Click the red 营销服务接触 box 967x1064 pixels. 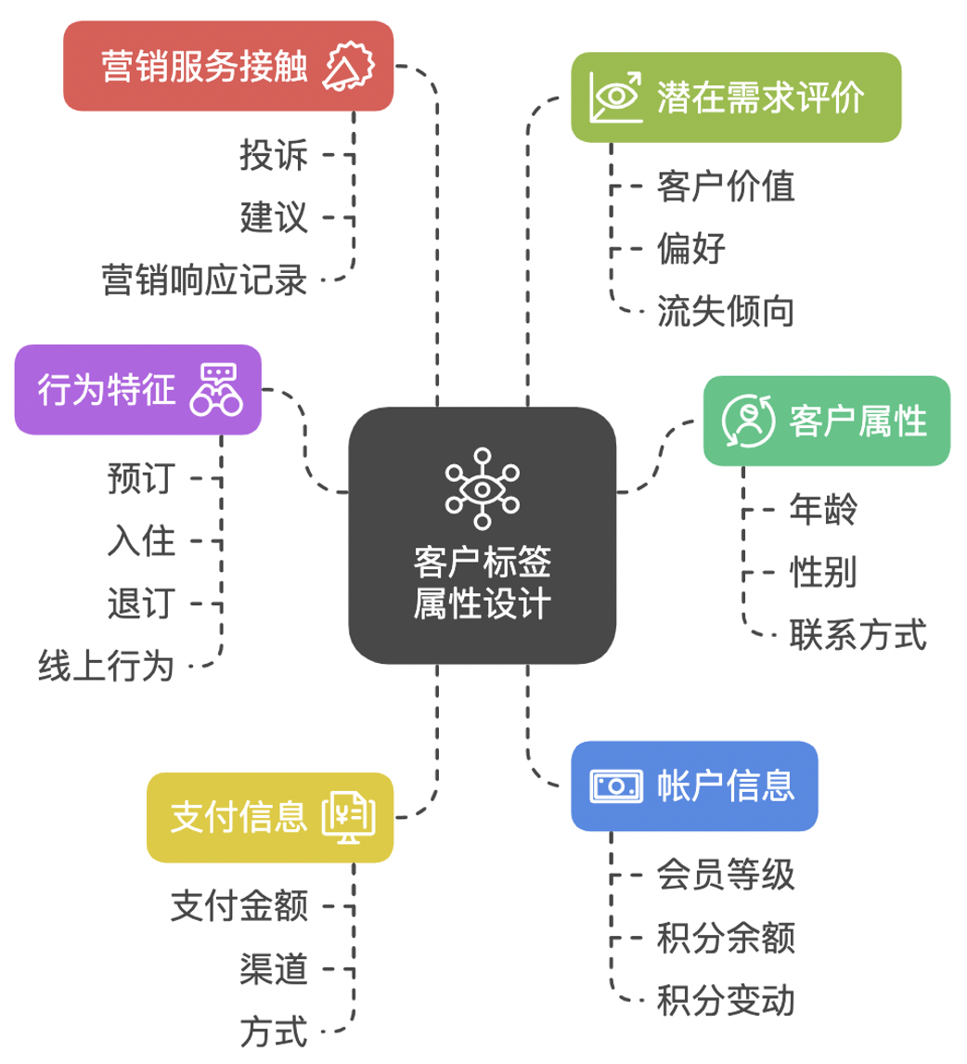(227, 67)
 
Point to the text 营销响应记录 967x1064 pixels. (204, 279)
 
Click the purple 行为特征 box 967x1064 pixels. (137, 389)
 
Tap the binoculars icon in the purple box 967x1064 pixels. (216, 389)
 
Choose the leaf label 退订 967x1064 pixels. (141, 604)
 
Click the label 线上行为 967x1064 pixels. (106, 666)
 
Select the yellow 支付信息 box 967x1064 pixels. (270, 817)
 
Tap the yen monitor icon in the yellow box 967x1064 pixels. (350, 817)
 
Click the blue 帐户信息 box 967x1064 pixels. (694, 785)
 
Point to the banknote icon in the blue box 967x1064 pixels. (616, 786)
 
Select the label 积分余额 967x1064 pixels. (726, 938)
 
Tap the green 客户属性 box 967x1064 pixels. (827, 421)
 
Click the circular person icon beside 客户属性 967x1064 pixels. (748, 421)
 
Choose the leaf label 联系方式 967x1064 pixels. (857, 635)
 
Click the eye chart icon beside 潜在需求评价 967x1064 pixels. (616, 97)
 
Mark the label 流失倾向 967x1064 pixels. (726, 311)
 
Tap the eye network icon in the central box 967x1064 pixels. (482, 482)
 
